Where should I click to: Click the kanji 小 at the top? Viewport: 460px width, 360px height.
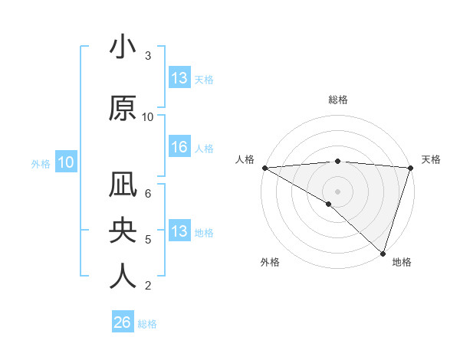tap(123, 47)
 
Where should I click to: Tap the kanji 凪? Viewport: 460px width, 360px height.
tap(123, 185)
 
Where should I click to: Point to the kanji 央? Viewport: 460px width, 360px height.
tap(123, 231)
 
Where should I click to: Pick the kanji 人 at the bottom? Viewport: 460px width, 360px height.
tap(123, 276)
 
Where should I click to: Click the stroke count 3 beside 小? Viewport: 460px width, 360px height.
tap(148, 56)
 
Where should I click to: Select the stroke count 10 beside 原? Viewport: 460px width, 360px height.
tap(148, 117)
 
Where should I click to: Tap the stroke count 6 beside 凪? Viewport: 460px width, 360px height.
tap(148, 194)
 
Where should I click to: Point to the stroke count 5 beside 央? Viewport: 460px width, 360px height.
tap(148, 240)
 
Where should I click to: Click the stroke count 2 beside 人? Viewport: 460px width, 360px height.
tap(148, 286)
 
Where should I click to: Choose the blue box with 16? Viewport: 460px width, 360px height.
tap(179, 148)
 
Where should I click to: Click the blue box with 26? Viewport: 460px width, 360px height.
tap(122, 323)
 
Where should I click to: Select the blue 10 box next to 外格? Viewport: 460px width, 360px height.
tap(65, 162)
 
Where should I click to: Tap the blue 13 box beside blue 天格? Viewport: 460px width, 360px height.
tap(179, 78)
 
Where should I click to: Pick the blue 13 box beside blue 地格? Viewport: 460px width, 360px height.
tap(179, 232)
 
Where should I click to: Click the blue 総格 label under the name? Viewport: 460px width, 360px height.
tap(147, 324)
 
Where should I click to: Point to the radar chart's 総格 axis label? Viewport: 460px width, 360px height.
tap(338, 100)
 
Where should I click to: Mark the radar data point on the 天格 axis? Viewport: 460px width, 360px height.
tap(411, 168)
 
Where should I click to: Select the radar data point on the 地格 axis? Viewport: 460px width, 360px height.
tap(383, 252)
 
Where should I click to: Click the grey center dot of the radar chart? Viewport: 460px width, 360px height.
tap(338, 191)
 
